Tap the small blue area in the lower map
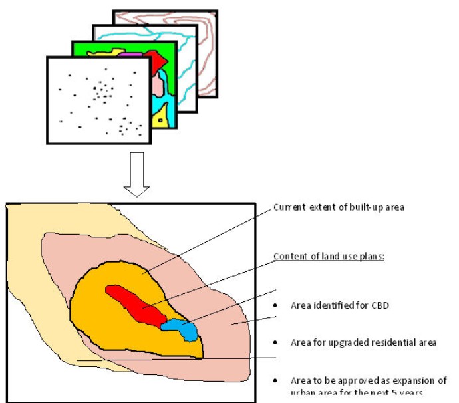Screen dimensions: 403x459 pyautogui.click(x=182, y=328)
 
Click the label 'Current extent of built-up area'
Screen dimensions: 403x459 pyautogui.click(x=339, y=207)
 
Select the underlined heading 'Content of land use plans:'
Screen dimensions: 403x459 pyautogui.click(x=329, y=257)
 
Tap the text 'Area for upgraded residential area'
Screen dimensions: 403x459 pyautogui.click(x=363, y=343)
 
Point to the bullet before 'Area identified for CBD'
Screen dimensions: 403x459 pyautogui.click(x=275, y=307)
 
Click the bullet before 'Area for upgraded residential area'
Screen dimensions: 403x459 pyautogui.click(x=275, y=344)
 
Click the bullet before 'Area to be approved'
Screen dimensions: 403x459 pyautogui.click(x=275, y=381)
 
